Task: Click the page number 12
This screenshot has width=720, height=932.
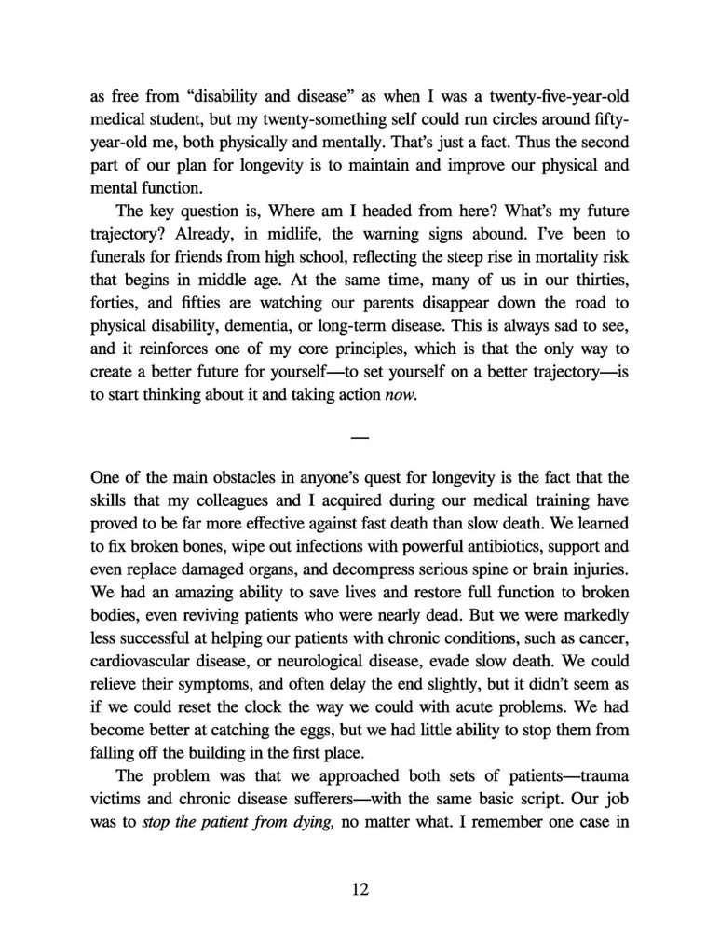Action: pos(360,889)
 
